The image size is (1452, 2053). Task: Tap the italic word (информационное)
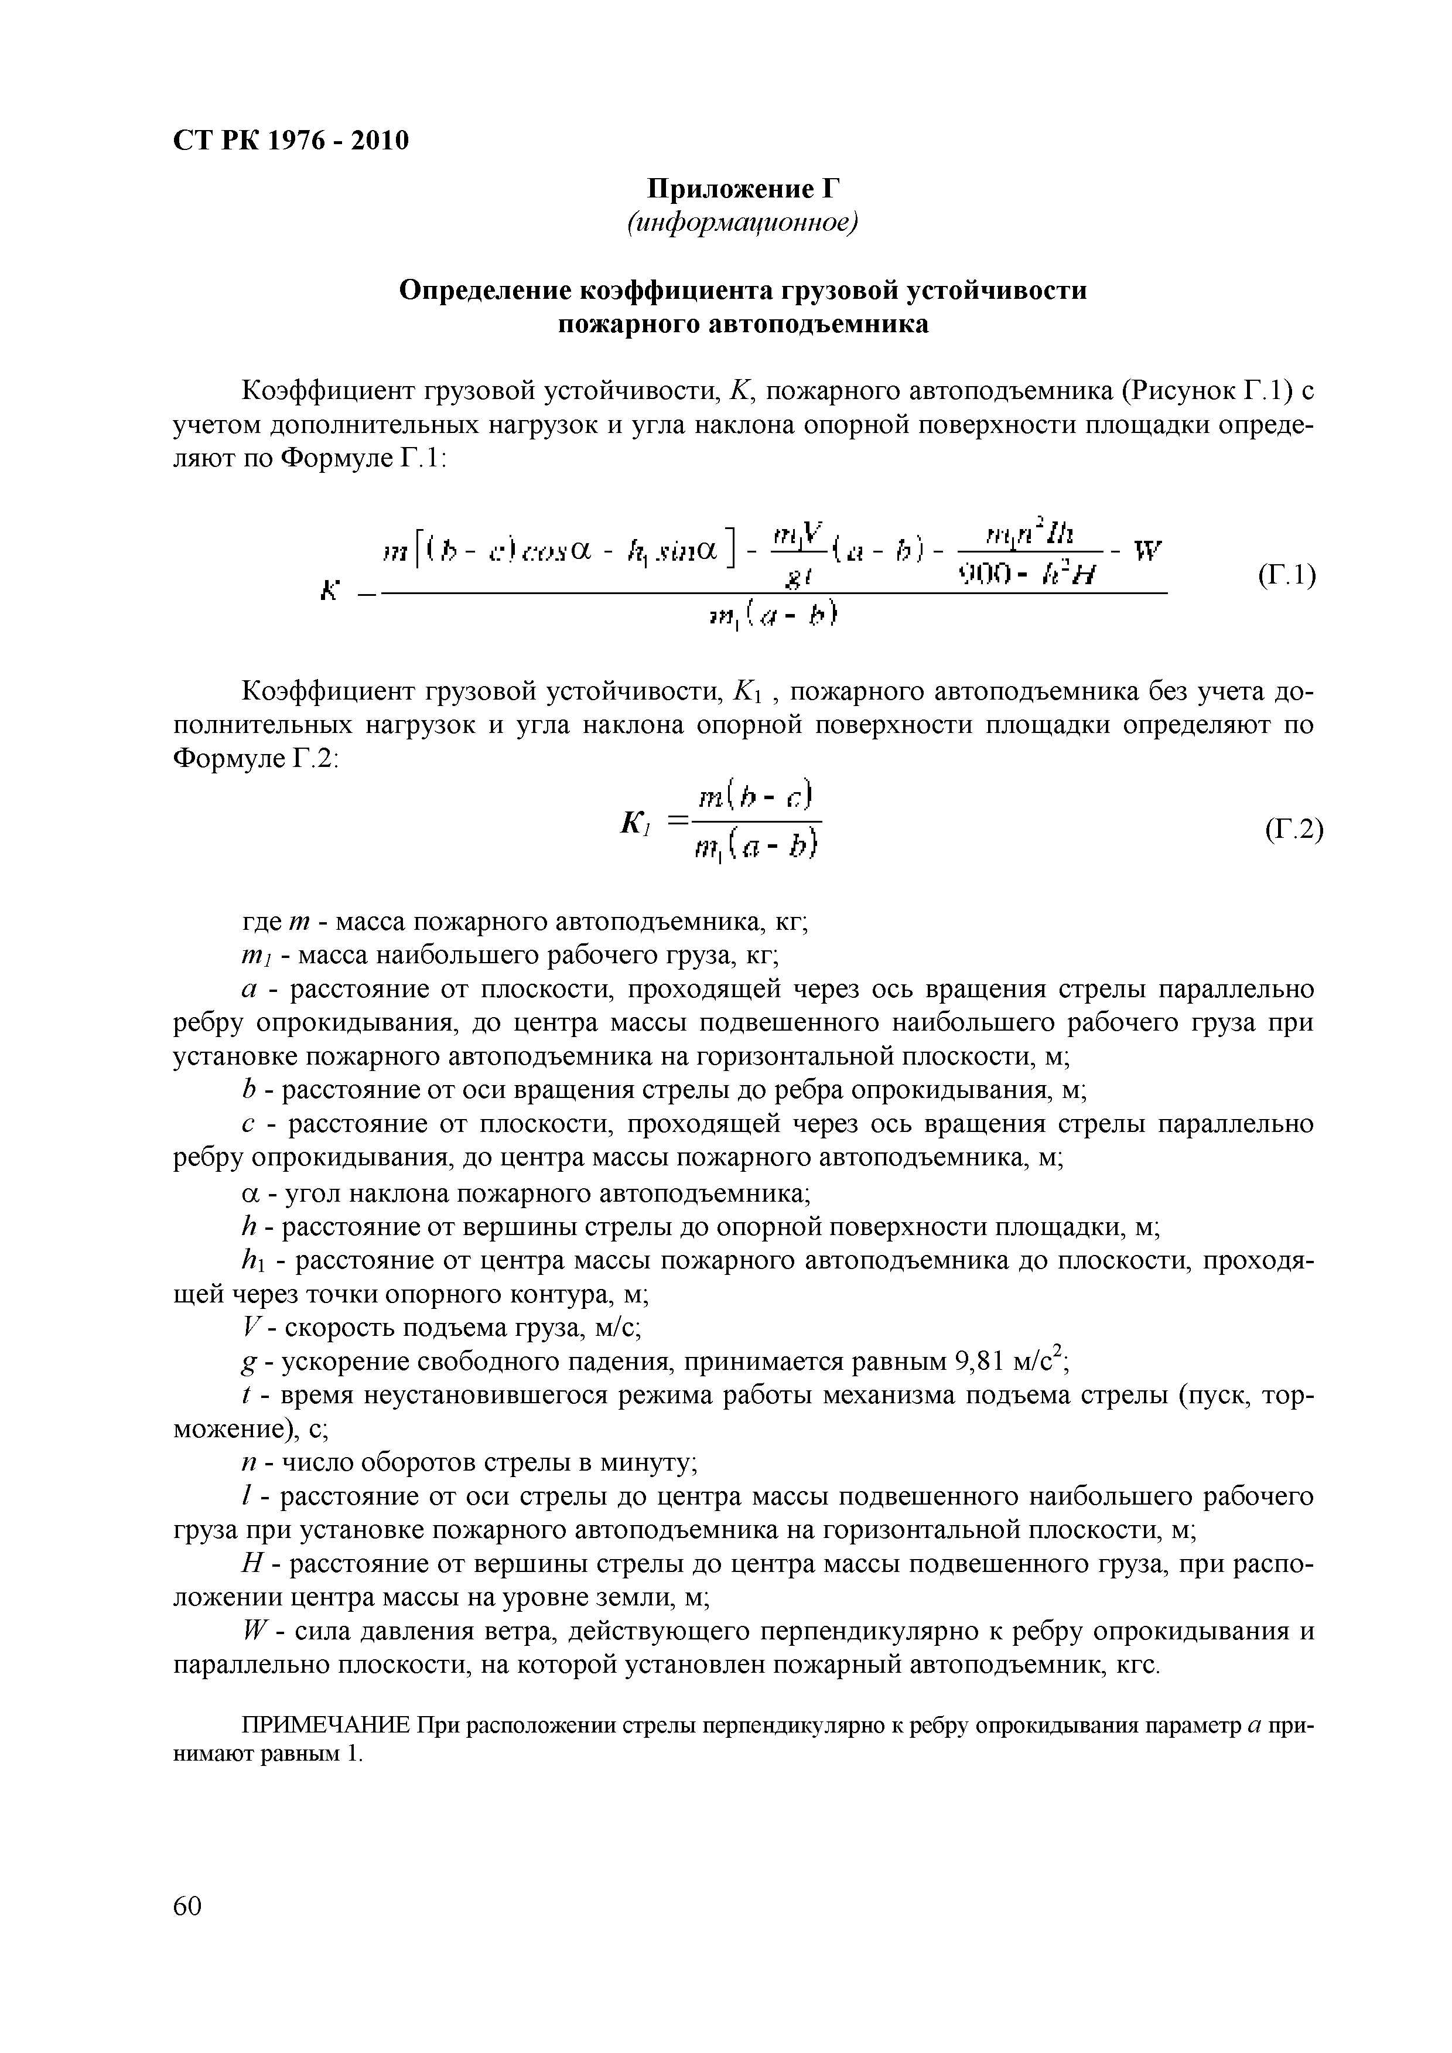743,224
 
